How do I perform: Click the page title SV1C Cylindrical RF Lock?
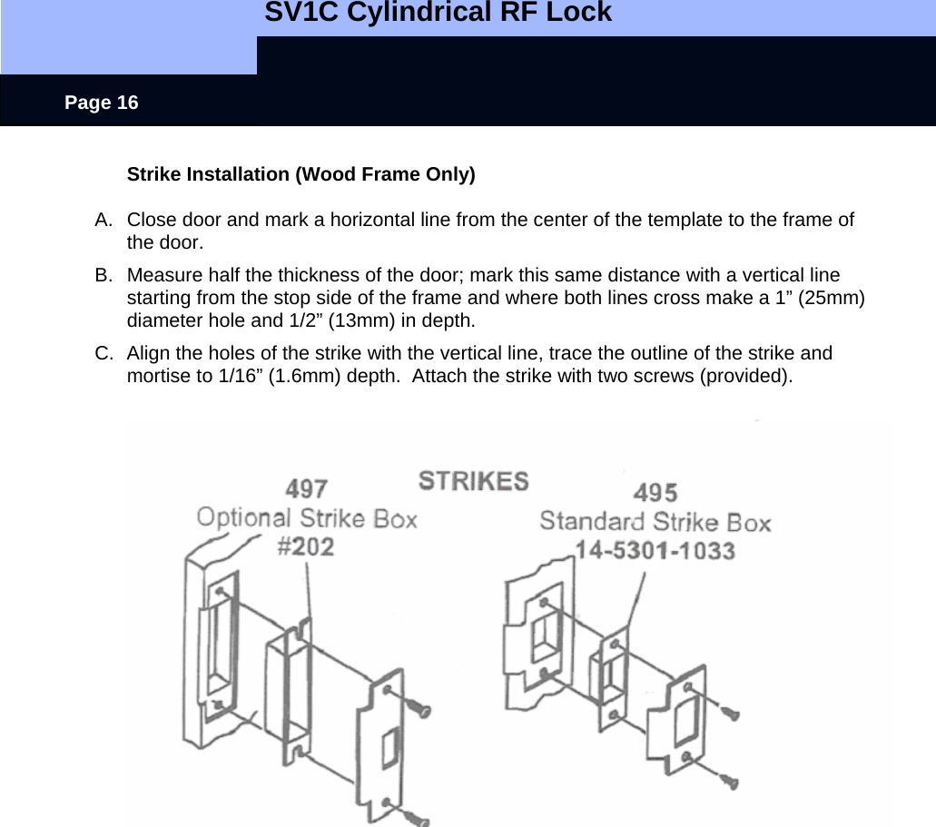(x=438, y=14)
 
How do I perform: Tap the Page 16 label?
(x=102, y=103)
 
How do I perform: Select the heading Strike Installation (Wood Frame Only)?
(x=301, y=174)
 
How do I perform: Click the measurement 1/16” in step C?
(x=233, y=376)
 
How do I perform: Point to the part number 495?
(x=655, y=493)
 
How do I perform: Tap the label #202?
(x=306, y=546)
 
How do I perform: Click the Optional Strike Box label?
(x=307, y=518)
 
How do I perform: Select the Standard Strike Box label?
(x=655, y=522)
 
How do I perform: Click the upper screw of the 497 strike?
(x=419, y=705)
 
